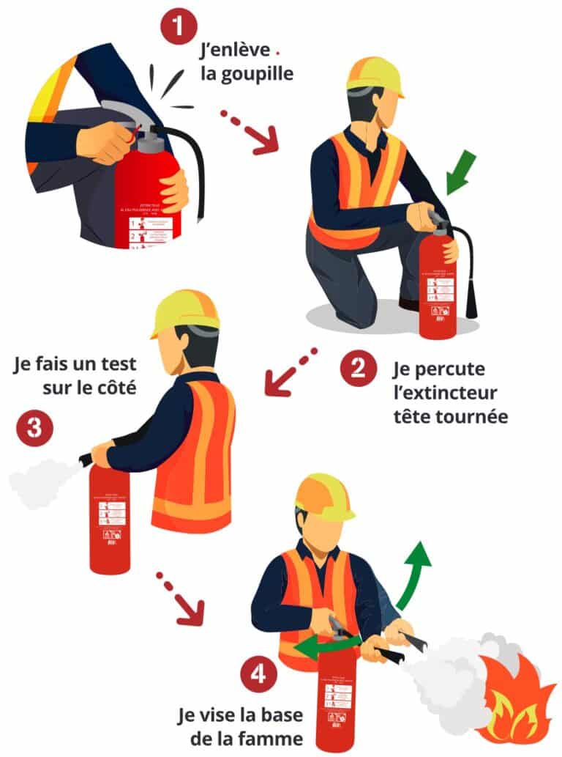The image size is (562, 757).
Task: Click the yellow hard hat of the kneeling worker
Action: click(375, 76)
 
